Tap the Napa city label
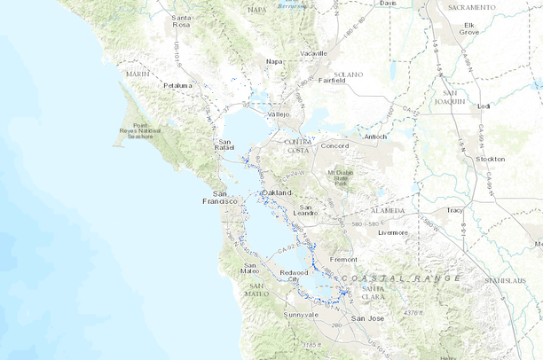pyautogui.click(x=274, y=61)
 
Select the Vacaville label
pyautogui.click(x=313, y=53)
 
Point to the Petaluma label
pyautogui.click(x=180, y=85)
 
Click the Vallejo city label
pyautogui.click(x=279, y=114)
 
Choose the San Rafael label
pyautogui.click(x=226, y=145)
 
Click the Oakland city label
pyautogui.click(x=278, y=192)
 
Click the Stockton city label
pyautogui.click(x=491, y=159)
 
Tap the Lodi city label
pyautogui.click(x=484, y=106)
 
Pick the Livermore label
pyautogui.click(x=392, y=232)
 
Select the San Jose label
pyautogui.click(x=367, y=317)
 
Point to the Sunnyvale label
pyautogui.click(x=300, y=315)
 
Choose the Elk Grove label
pyautogui.click(x=469, y=27)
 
